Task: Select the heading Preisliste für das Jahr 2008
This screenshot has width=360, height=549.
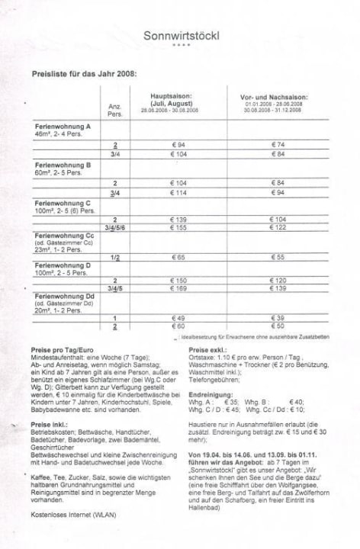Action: (84, 75)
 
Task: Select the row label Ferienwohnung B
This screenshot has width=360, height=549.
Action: (63, 165)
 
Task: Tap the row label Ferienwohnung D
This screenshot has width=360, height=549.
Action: (63, 264)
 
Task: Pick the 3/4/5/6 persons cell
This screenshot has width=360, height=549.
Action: (115, 227)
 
